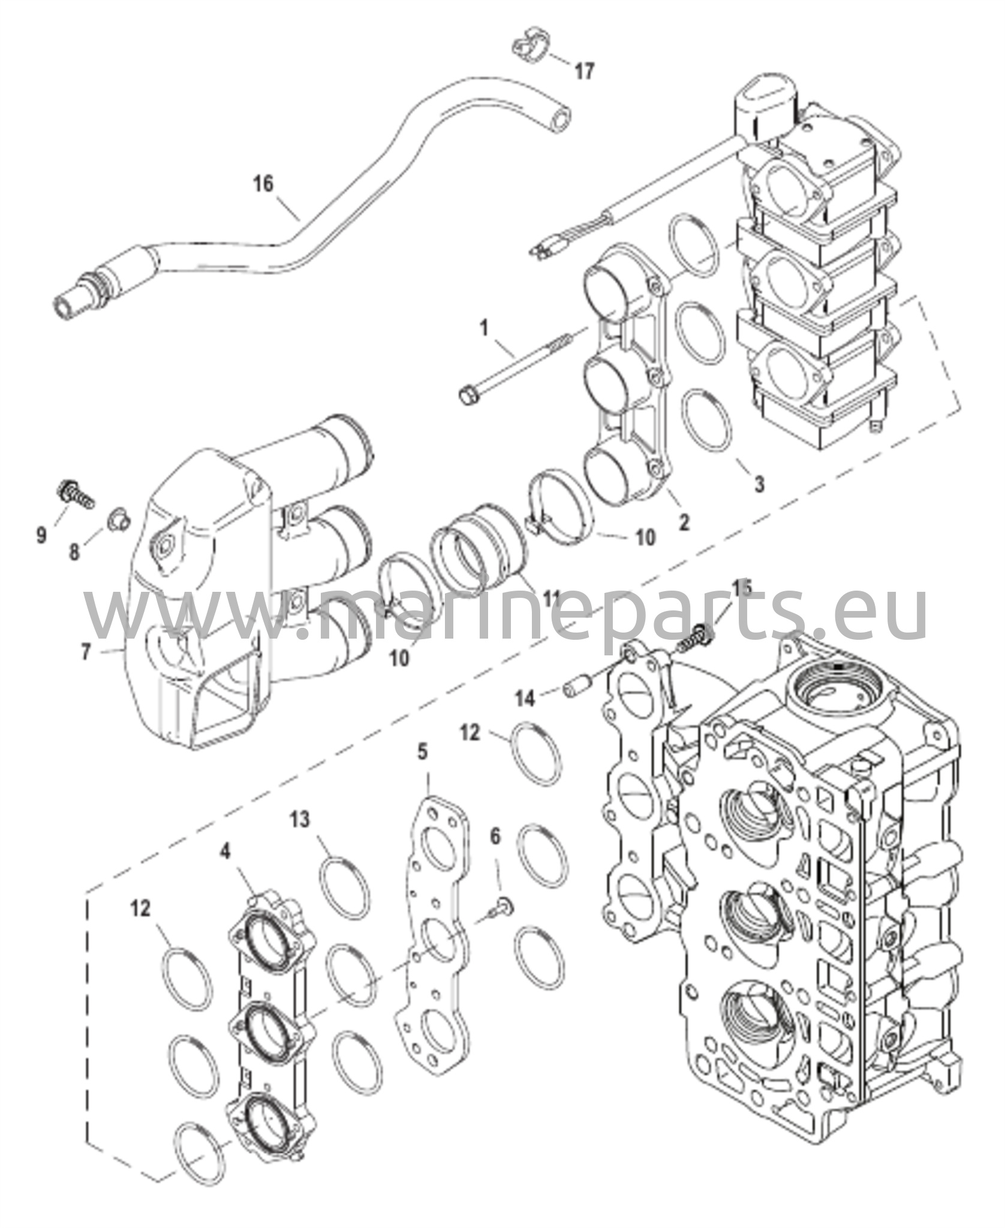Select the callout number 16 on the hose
(x=263, y=183)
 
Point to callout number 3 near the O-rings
(x=759, y=483)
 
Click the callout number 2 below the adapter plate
(x=683, y=522)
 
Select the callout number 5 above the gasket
(x=423, y=751)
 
